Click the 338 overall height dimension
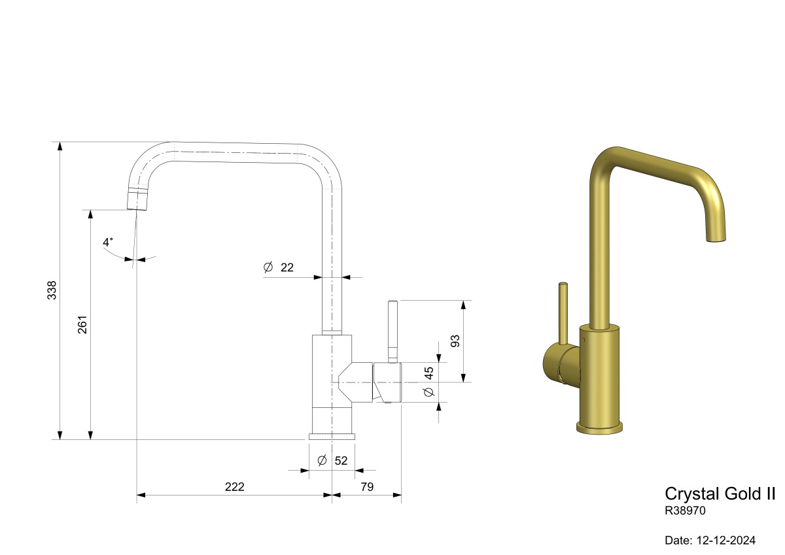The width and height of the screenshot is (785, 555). click(x=52, y=290)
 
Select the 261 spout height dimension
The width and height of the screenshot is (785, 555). click(x=82, y=325)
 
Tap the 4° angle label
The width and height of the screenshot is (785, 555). click(x=107, y=242)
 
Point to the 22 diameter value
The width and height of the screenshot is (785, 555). click(x=287, y=267)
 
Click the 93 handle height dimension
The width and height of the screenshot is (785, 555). click(x=455, y=341)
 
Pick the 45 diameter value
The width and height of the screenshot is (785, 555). click(x=429, y=373)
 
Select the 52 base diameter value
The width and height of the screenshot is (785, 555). click(x=341, y=461)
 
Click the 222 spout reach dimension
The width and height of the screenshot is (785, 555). click(x=234, y=487)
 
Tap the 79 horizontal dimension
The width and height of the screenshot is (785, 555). click(x=367, y=487)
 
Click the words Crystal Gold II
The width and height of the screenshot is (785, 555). click(x=720, y=494)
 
